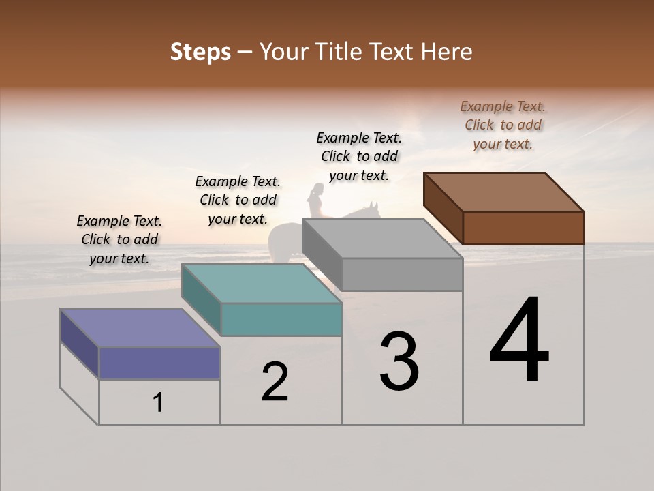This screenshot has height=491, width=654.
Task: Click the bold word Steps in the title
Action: click(200, 52)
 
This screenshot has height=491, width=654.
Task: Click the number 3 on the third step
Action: click(399, 361)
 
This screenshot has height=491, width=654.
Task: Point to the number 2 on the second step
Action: click(275, 382)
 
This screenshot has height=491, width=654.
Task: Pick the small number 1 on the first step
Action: click(158, 402)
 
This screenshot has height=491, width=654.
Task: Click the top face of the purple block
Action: click(140, 328)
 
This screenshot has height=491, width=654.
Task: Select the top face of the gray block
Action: click(383, 239)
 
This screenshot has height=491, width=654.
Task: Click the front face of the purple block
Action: click(159, 363)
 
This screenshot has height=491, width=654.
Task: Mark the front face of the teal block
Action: click(281, 319)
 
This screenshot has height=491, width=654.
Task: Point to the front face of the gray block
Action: click(402, 275)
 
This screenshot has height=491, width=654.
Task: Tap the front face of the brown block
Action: click(523, 228)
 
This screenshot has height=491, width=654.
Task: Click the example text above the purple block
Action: click(120, 239)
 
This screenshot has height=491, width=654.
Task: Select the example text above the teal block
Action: click(238, 200)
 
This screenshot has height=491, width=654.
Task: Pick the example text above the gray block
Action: click(359, 156)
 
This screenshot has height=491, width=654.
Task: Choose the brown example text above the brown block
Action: click(503, 125)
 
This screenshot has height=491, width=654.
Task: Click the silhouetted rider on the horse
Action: click(316, 201)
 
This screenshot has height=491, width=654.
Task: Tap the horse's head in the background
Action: click(371, 209)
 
